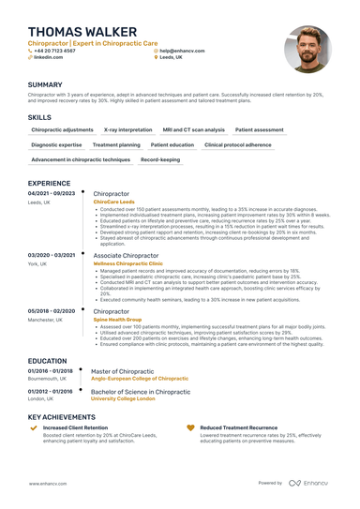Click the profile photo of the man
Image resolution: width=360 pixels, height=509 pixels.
(x=307, y=48)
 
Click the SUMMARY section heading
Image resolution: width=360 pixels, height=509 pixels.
(x=45, y=84)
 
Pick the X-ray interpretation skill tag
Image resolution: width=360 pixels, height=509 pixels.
(x=127, y=129)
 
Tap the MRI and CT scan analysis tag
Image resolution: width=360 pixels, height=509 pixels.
(x=193, y=129)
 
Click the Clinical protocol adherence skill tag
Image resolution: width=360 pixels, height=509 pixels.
(x=237, y=144)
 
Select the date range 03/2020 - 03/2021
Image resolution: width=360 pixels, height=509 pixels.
(x=52, y=254)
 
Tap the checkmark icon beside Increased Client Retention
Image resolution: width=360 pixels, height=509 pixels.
(x=34, y=427)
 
